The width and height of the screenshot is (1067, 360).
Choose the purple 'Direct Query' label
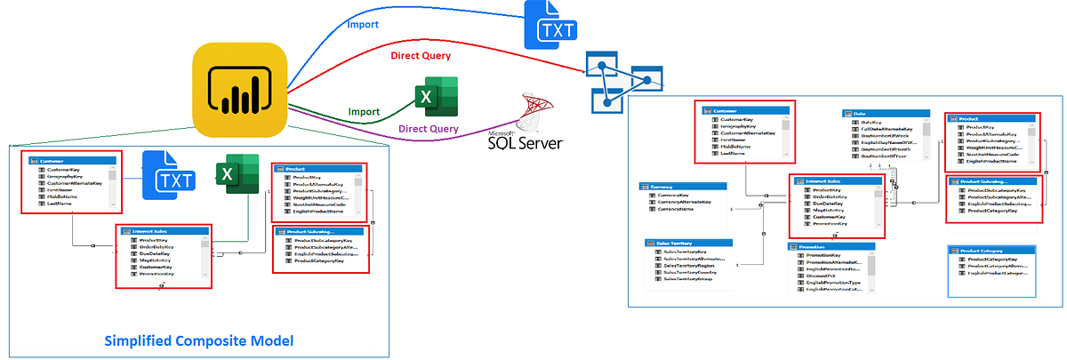point(429,129)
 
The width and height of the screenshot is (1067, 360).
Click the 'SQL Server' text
point(525,141)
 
